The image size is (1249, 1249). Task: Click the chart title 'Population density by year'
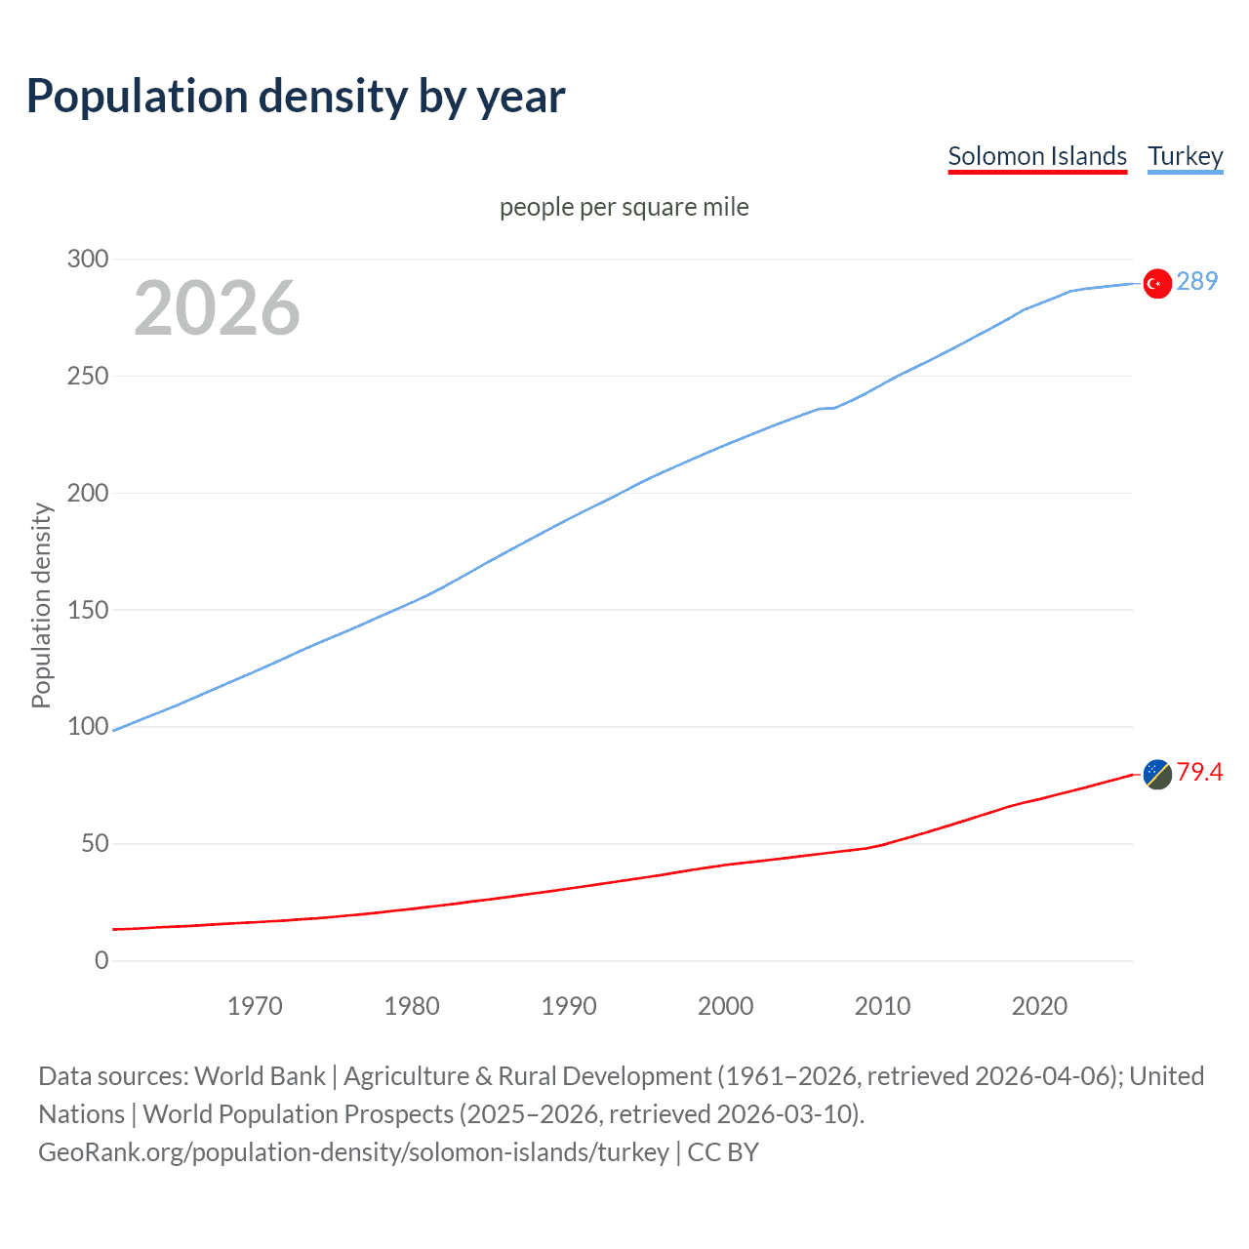[296, 96]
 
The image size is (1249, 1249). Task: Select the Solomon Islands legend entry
[1036, 156]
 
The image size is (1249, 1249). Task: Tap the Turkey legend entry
[1185, 156]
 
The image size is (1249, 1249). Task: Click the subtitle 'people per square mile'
[624, 207]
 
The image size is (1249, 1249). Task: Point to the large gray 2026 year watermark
[217, 308]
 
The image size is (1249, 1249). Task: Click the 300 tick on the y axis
[88, 259]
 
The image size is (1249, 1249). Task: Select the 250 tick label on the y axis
[88, 376]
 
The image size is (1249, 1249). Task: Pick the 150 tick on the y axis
[88, 610]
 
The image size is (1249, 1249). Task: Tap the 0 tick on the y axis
[101, 960]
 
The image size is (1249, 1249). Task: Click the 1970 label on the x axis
[255, 1006]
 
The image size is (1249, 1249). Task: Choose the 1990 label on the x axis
[569, 1006]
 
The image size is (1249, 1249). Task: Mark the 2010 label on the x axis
[882, 1006]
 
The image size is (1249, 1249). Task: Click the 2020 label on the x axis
[1039, 1006]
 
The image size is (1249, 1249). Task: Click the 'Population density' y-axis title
[41, 605]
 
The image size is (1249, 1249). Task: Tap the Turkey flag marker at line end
[1157, 283]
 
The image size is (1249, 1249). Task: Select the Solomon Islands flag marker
[1157, 774]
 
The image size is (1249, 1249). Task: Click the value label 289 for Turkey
[1197, 281]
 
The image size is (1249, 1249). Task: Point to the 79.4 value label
[1199, 772]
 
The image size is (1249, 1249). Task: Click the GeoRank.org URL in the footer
[353, 1151]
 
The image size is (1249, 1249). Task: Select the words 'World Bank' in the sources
[260, 1075]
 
